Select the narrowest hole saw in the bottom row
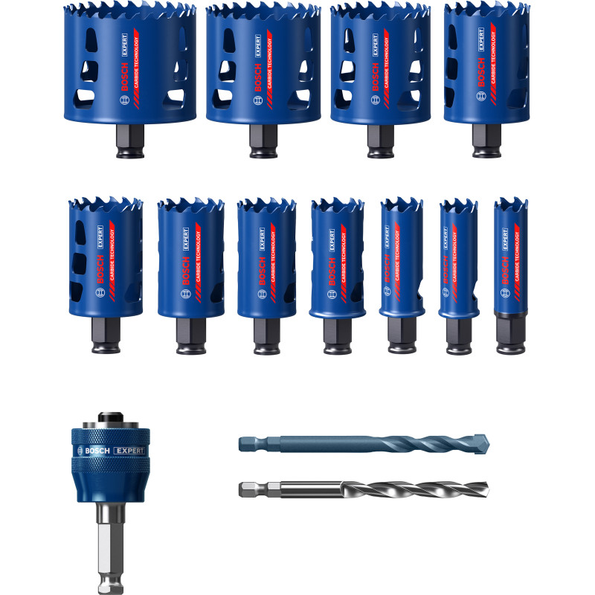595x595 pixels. pos(510,260)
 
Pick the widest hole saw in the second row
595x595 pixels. pos(105,257)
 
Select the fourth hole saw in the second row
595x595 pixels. pos(338,257)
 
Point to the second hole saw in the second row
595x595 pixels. pos(190,257)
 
